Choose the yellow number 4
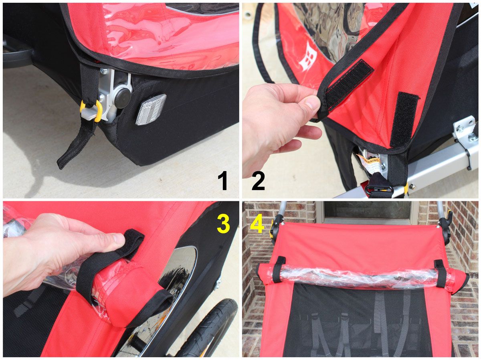pos(257,224)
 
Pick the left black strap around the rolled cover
pos(279,269)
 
